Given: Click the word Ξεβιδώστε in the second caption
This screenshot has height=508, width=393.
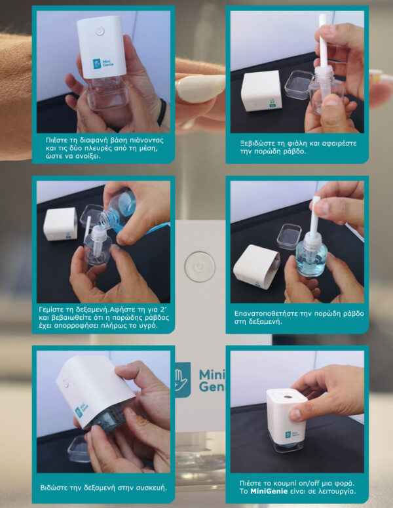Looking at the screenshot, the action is click(x=256, y=143).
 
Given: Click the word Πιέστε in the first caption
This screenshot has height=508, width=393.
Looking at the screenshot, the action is click(x=56, y=140).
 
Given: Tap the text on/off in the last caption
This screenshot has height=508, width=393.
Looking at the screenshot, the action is click(x=312, y=482).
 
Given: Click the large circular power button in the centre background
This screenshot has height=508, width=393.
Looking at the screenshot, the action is click(x=200, y=267).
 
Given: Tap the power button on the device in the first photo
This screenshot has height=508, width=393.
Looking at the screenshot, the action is click(x=100, y=31).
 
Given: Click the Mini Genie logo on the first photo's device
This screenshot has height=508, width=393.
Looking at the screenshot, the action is click(x=103, y=63).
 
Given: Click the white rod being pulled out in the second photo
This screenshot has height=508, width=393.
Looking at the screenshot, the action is click(x=323, y=41).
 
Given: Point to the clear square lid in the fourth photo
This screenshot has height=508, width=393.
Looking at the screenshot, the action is click(x=289, y=237).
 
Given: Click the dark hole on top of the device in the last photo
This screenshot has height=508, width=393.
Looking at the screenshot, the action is click(x=287, y=396).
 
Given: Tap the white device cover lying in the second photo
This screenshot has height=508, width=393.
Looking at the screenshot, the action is click(x=261, y=90).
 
